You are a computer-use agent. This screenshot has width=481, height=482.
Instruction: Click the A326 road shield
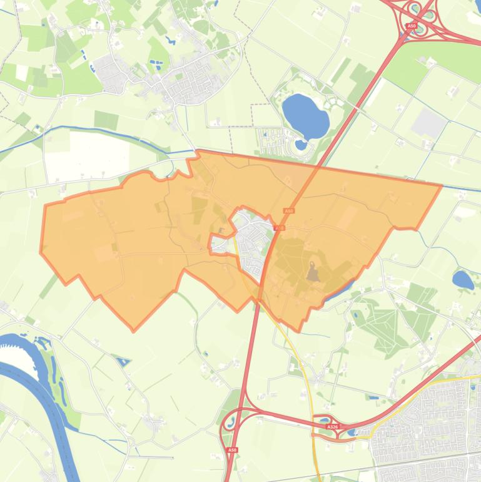click(x=332, y=427)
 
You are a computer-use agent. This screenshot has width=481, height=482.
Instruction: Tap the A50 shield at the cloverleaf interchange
click(x=411, y=26)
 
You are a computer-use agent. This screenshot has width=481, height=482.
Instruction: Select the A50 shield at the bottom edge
click(x=233, y=449)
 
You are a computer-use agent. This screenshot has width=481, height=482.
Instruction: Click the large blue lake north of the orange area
click(x=305, y=115)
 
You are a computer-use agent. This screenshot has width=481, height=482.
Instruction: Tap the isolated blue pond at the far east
click(x=463, y=279)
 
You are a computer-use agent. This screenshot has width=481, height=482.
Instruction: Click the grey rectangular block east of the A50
click(x=429, y=123)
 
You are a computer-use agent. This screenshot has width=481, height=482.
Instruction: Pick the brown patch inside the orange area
click(x=312, y=272)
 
